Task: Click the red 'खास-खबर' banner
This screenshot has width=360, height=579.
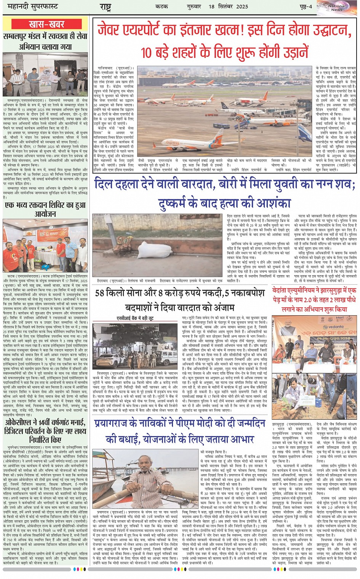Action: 46,24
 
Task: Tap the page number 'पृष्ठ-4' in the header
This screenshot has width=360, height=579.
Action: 305,7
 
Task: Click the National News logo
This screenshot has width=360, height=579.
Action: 336,7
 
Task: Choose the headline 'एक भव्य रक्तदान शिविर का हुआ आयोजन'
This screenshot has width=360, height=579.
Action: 45,209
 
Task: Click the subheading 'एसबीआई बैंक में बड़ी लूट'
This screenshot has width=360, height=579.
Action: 135,318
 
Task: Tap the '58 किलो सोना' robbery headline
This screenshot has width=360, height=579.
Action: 179,299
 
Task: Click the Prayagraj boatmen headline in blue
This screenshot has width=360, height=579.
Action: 179,431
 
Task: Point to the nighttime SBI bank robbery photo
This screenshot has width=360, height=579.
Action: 135,345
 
